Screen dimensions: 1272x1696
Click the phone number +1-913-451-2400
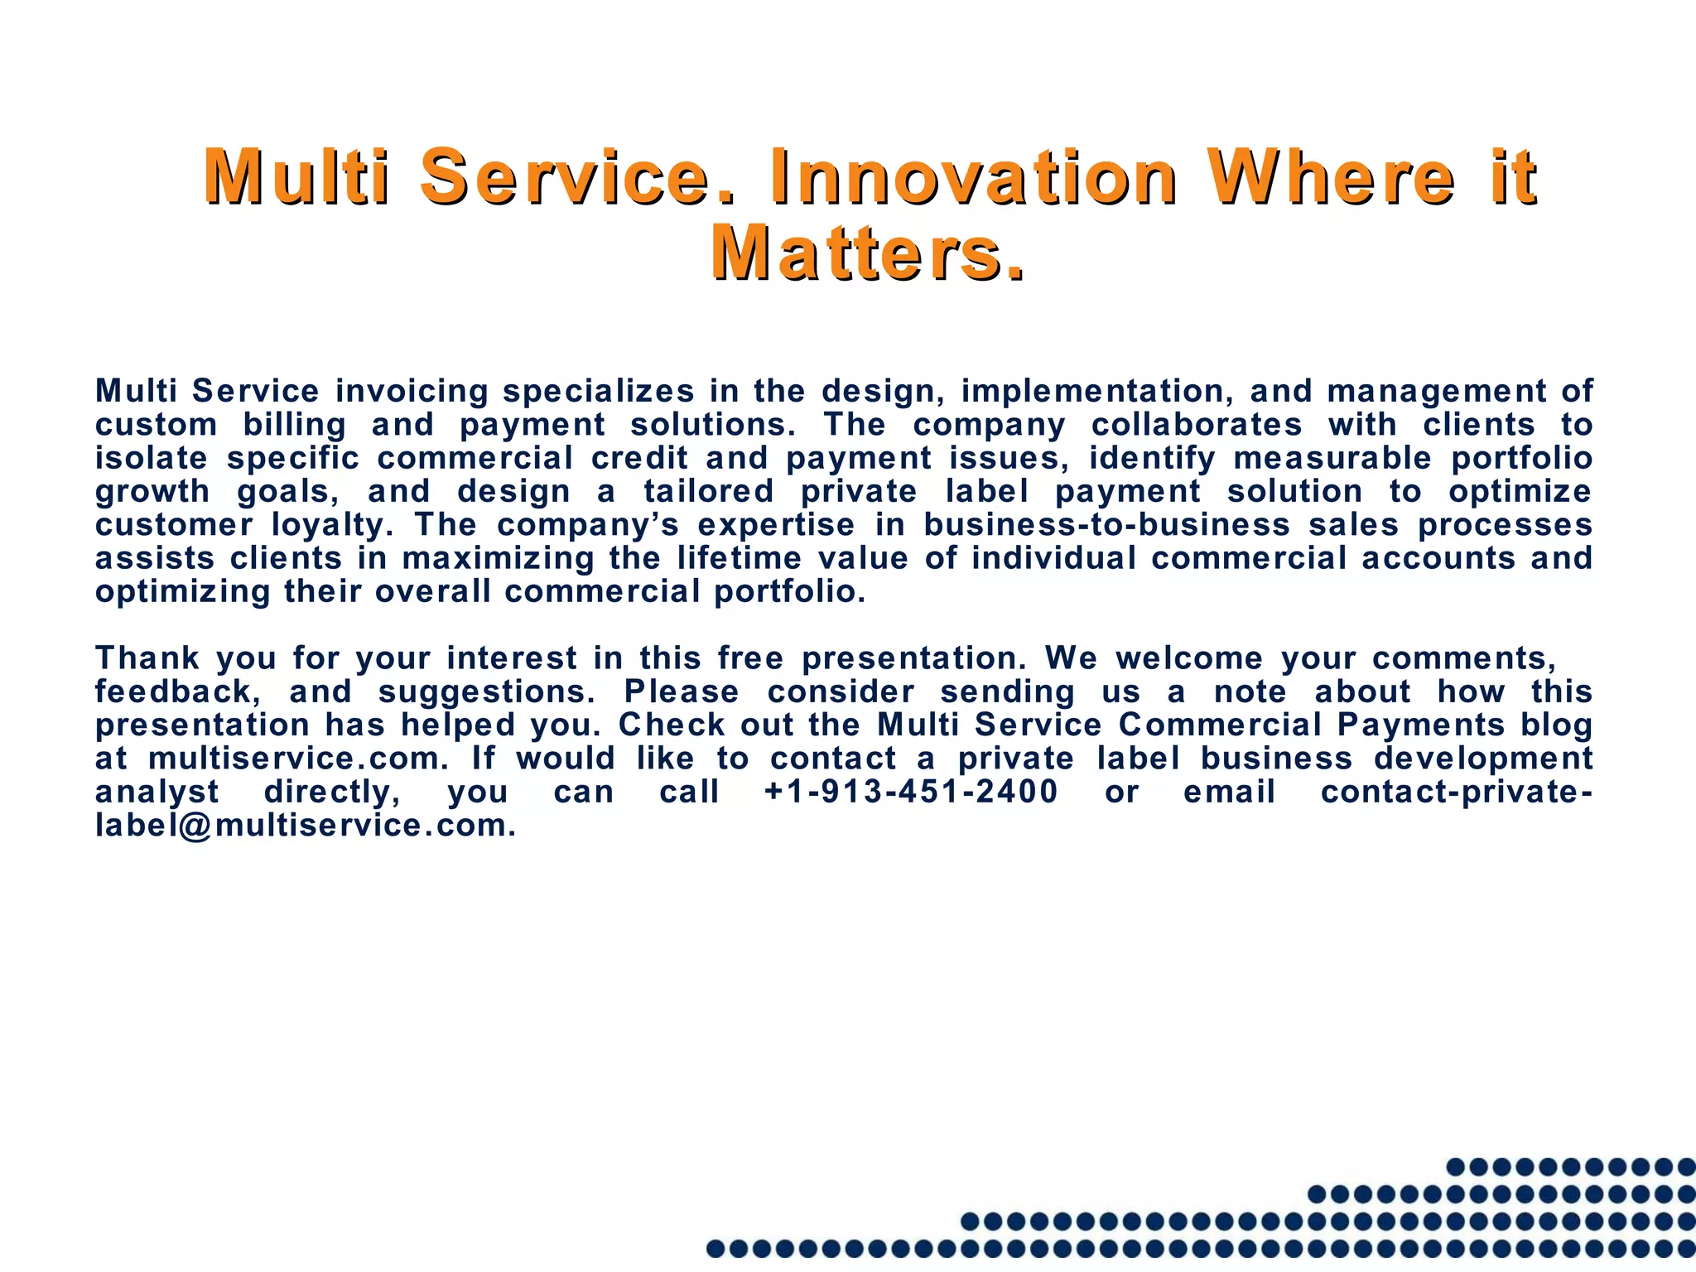(911, 792)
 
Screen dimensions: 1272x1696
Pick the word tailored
(709, 491)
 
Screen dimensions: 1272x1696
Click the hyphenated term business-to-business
(1106, 525)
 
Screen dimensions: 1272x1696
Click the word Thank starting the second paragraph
(147, 658)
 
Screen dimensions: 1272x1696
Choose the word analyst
(157, 792)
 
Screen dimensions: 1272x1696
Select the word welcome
(1189, 658)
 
